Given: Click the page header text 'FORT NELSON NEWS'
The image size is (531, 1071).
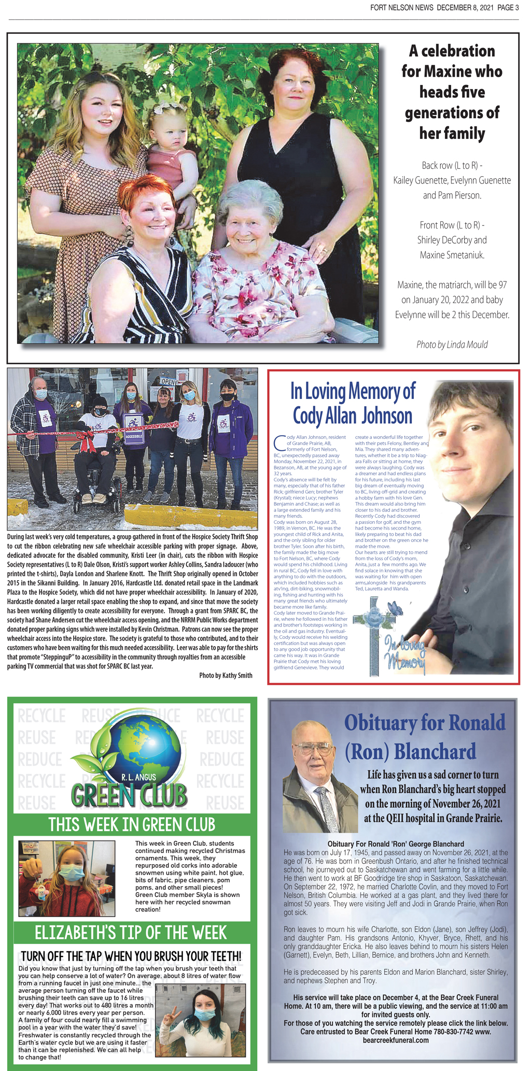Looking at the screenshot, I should pyautogui.click(x=402, y=7).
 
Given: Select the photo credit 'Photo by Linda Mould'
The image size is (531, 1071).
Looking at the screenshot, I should pyautogui.click(x=452, y=345).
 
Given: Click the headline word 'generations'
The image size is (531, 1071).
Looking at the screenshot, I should pyautogui.click(x=452, y=112).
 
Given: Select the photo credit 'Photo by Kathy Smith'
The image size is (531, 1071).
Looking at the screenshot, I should pyautogui.click(x=226, y=675).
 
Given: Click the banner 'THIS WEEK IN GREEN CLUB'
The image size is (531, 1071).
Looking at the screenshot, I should pyautogui.click(x=132, y=824).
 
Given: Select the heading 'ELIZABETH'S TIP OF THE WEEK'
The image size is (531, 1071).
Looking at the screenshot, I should pyautogui.click(x=131, y=933).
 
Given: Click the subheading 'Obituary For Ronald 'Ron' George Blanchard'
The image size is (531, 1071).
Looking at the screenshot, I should pyautogui.click(x=396, y=844).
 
